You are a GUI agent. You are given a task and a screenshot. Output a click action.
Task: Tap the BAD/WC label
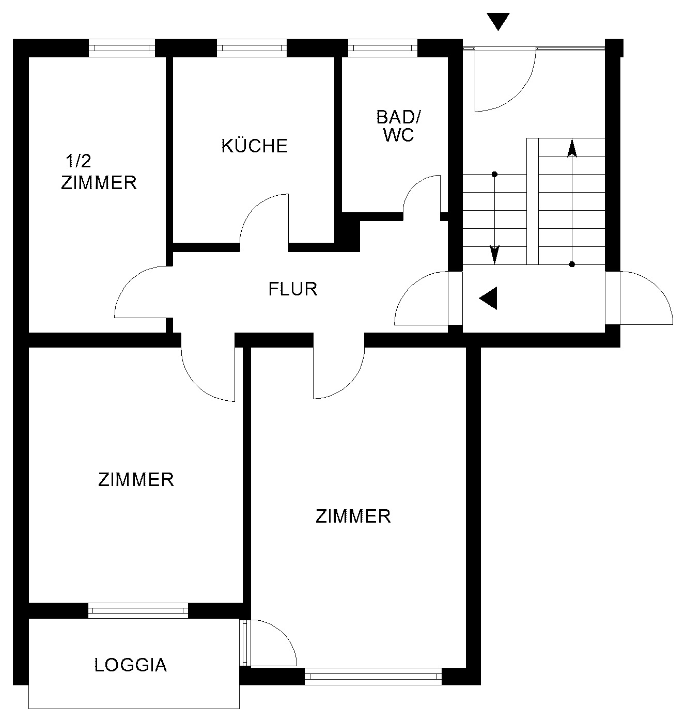pos(399,126)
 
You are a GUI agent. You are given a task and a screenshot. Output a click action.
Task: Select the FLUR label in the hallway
pos(293,289)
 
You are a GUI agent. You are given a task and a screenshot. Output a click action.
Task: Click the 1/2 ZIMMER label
pos(99,172)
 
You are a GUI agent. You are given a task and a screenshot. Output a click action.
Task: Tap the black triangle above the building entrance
pos(498,22)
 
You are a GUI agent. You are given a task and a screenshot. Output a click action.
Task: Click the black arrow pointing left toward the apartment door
pos(488,298)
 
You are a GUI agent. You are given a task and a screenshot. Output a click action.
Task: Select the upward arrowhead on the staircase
pos(572,148)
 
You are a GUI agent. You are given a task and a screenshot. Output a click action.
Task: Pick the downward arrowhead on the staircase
pos(494,255)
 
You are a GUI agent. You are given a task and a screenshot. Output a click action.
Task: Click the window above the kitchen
pos(252,48)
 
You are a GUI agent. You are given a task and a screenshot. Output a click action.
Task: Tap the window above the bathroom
pos(382,48)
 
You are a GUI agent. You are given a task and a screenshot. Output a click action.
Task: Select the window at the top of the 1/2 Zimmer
pos(121,48)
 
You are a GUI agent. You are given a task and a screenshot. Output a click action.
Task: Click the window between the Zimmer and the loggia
pos(138,610)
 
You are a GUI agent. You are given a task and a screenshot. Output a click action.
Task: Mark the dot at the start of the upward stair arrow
pos(572,264)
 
